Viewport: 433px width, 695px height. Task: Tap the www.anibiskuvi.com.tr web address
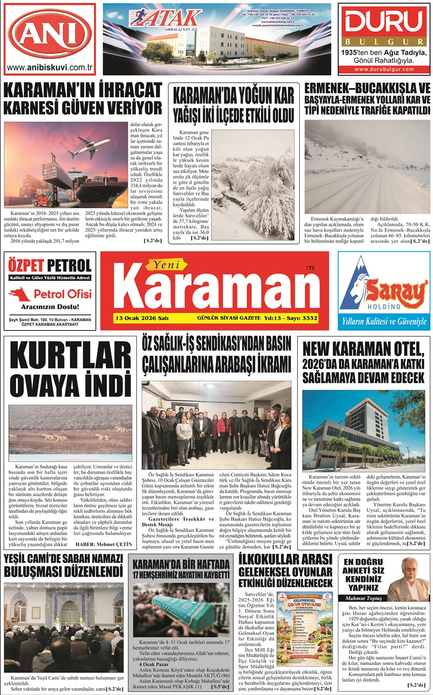49,68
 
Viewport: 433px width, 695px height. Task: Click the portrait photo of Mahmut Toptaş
409,578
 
